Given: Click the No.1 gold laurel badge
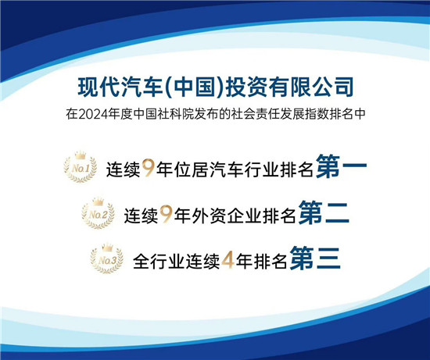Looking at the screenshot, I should (x=80, y=168).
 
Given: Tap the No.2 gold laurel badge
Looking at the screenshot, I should (x=99, y=213).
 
